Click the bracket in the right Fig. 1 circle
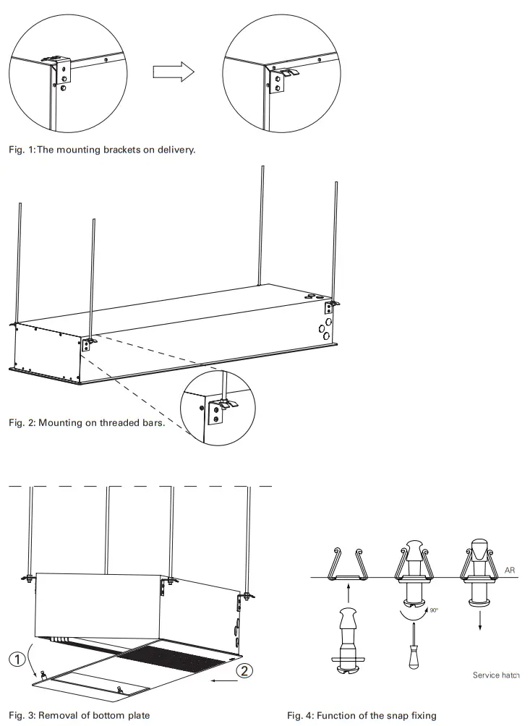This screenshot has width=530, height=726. tap(281, 77)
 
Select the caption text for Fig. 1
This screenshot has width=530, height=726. tap(102, 150)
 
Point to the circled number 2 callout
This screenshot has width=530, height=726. tap(247, 671)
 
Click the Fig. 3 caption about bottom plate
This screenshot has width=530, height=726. tap(80, 715)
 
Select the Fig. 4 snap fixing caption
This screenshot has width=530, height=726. tap(362, 715)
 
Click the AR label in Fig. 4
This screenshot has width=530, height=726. tap(510, 571)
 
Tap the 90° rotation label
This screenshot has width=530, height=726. tap(433, 611)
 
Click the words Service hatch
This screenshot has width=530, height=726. tap(496, 675)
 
